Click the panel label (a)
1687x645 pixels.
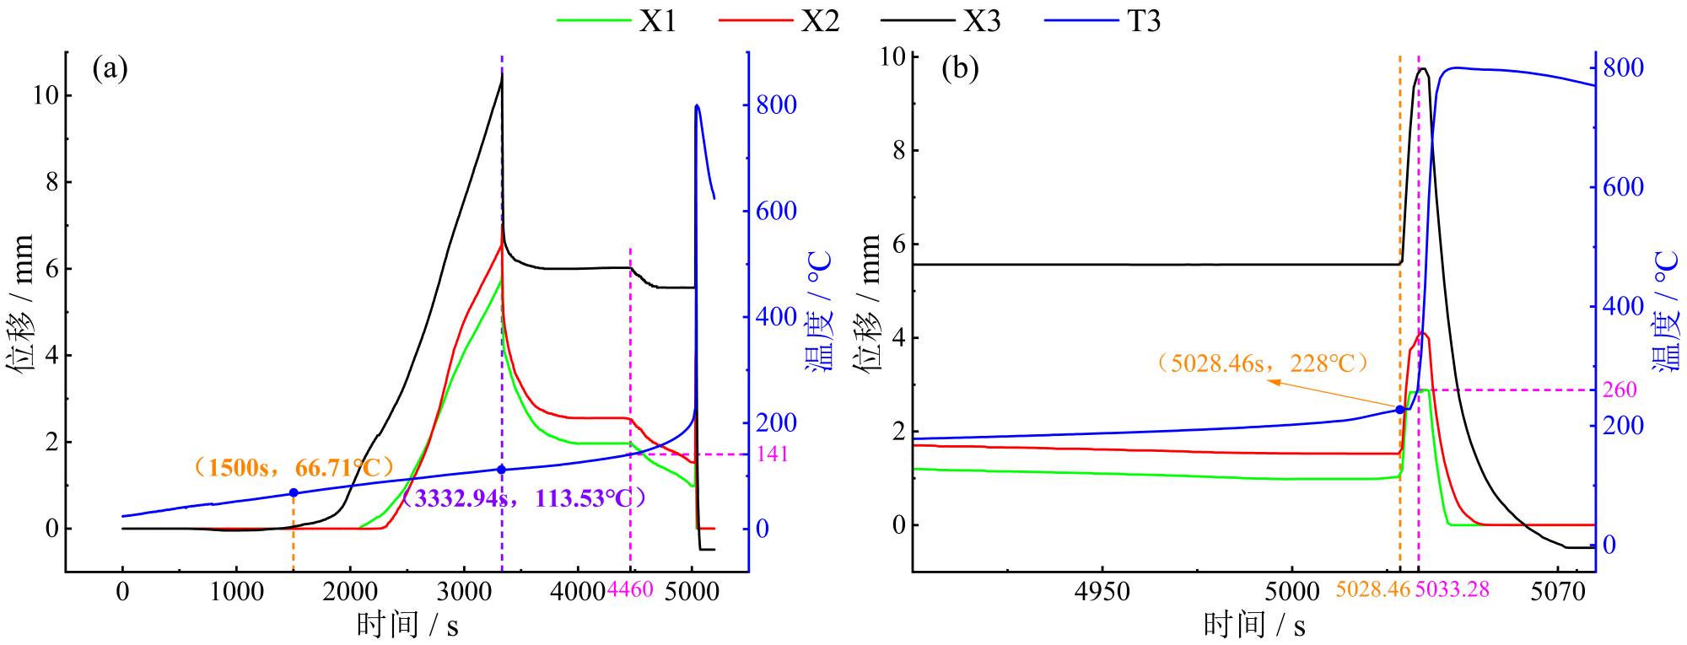110,68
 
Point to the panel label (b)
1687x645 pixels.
960,68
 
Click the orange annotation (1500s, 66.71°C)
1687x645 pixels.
294,467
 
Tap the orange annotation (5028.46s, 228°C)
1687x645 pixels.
1262,363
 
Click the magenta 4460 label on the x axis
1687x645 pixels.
630,589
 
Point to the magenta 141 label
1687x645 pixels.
772,454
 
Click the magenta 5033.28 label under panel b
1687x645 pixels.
1452,589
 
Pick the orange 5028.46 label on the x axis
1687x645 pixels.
1373,589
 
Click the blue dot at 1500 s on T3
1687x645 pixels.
294,492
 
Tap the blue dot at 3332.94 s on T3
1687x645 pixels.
502,470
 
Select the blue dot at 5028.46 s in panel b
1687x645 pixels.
1400,410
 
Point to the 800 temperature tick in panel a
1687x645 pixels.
776,105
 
